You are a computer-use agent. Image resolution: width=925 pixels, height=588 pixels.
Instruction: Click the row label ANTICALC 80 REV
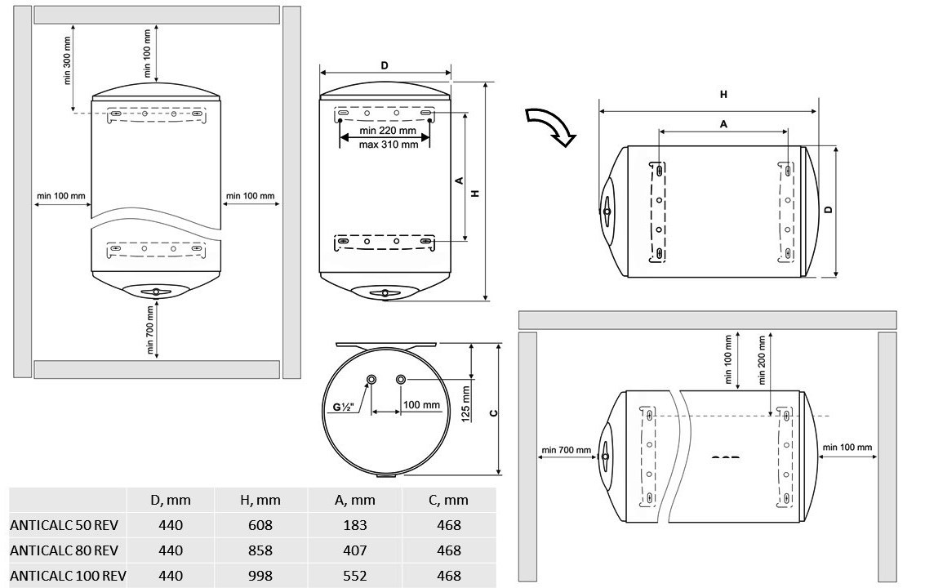click(65, 550)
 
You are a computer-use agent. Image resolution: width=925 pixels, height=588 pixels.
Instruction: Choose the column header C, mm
click(449, 500)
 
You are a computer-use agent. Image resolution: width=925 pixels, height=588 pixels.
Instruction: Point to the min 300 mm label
click(68, 62)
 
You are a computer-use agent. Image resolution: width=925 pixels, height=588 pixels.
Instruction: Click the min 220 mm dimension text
click(388, 131)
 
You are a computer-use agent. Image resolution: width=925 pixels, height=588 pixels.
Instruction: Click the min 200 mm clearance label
click(762, 359)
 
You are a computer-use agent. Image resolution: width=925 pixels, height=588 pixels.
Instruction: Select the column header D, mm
click(171, 500)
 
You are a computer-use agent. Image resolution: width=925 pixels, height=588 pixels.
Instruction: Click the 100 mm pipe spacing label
click(421, 405)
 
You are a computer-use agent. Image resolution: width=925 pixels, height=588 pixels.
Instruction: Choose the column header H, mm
click(260, 500)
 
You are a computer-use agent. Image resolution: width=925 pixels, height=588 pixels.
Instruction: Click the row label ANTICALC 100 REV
click(68, 576)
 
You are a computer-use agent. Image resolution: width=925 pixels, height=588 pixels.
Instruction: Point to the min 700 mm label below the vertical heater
click(150, 331)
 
